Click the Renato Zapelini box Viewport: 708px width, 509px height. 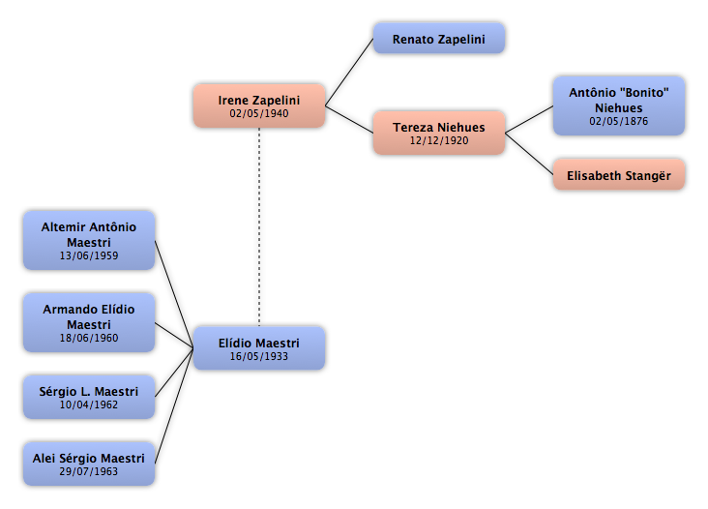click(x=439, y=39)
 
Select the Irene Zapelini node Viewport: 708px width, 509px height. click(x=259, y=105)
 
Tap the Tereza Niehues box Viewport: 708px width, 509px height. click(x=439, y=133)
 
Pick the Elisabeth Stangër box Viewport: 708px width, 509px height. click(x=619, y=175)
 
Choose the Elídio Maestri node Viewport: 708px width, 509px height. click(x=259, y=348)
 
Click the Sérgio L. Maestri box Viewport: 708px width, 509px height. click(x=89, y=397)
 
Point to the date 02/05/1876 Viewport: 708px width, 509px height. click(x=619, y=121)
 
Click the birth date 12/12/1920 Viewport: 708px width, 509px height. click(x=439, y=140)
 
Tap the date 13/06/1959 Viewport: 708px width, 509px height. click(x=89, y=255)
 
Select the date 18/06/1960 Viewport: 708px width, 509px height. click(x=89, y=338)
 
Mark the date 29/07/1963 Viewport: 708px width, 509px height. click(x=89, y=471)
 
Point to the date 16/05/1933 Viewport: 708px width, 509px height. click(x=258, y=356)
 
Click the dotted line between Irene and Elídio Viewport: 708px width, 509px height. click(x=259, y=227)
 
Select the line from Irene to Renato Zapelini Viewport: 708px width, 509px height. click(x=349, y=73)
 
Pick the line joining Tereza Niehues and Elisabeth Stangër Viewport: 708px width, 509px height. click(x=529, y=154)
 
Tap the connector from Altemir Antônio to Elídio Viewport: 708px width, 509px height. click(x=174, y=294)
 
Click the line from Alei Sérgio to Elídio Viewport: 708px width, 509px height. click(x=174, y=406)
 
